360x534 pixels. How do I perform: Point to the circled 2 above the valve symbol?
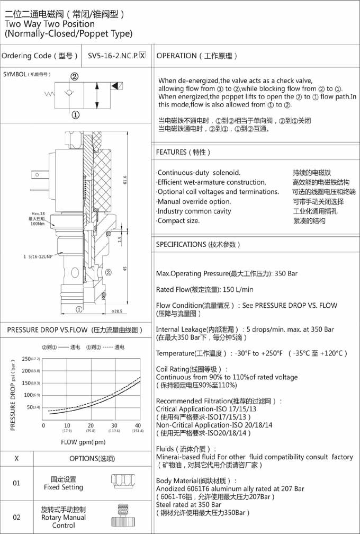tap(75, 76)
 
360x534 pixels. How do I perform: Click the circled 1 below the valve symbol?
tap(75, 114)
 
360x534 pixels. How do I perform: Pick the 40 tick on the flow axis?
tap(138, 426)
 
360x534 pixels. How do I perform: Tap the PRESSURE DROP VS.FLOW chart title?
tap(75, 330)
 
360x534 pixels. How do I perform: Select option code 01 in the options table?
tap(16, 483)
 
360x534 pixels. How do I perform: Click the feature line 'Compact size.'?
tap(178, 221)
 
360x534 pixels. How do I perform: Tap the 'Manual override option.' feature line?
tap(194, 201)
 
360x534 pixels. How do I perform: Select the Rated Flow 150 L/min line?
tap(205, 289)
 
